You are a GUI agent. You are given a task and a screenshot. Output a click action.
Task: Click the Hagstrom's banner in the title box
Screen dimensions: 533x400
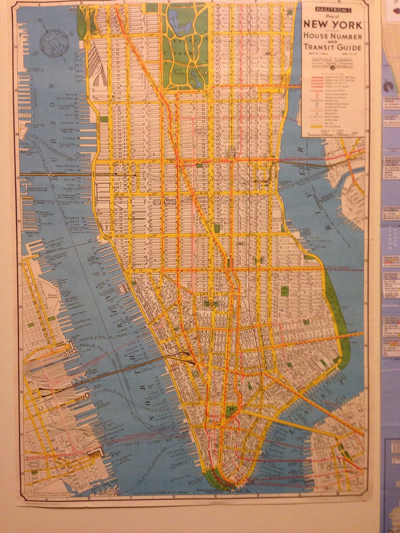pos(333,7)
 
